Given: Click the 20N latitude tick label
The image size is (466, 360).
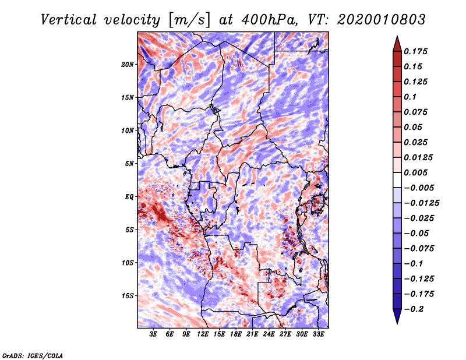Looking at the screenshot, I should pos(128,64).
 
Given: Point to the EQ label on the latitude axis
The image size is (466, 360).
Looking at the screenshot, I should pos(129,197).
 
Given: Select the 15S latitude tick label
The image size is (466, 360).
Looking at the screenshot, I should pos(128,296).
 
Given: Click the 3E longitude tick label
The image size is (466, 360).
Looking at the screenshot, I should pos(154,334).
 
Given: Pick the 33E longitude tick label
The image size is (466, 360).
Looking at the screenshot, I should pos(318,334).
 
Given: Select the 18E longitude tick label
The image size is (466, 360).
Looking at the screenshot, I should pos(236,334).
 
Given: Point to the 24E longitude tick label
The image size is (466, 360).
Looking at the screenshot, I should pos(269,334).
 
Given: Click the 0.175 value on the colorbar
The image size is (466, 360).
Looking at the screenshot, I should pos(418,51).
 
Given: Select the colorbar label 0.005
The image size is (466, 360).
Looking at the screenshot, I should pos(418,172).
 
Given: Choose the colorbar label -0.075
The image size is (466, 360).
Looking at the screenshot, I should pos(421,249).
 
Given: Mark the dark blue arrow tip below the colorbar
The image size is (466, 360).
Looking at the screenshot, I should pos(397,321).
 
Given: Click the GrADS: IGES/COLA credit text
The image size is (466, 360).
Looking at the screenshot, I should pos(33,355).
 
